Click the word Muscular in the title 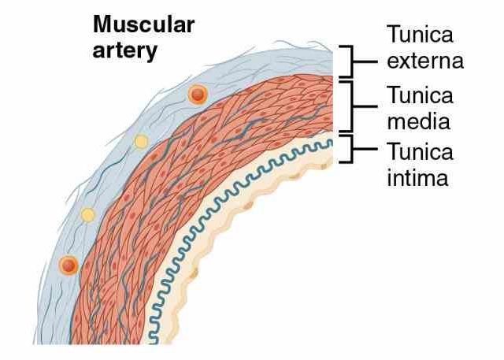[144, 24]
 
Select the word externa [424, 60]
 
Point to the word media [418, 121]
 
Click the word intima [417, 177]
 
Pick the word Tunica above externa [420, 35]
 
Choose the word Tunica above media [420, 96]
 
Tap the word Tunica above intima [420, 151]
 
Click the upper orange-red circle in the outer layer [198, 95]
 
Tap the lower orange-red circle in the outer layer [69, 265]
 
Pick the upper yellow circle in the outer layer [141, 142]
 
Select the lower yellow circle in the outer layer [88, 214]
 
